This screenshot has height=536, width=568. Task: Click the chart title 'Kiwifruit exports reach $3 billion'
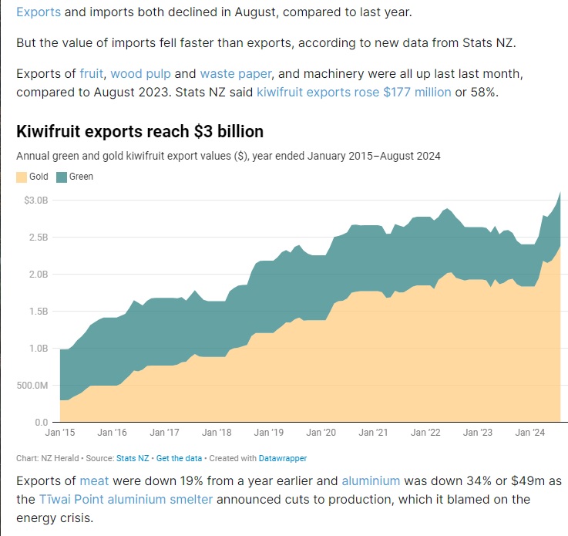pos(139,131)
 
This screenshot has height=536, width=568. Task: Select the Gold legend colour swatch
pos(22,177)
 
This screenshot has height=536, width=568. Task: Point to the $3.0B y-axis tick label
pos(34,201)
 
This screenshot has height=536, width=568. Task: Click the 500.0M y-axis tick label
pos(31,386)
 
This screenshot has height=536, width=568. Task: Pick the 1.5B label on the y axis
pos(35,312)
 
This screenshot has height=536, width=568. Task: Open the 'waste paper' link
pos(235,74)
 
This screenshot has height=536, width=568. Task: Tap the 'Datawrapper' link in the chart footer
pos(282,458)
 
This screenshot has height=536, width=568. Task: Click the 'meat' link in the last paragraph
pos(94,480)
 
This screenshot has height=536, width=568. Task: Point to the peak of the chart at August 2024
pos(560,192)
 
